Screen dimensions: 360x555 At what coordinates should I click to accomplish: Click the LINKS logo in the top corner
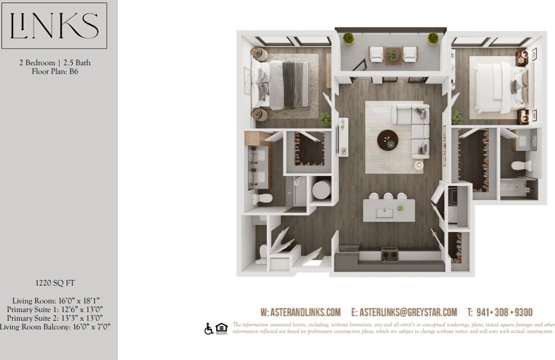tap(54, 25)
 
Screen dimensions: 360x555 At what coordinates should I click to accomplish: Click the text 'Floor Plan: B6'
tap(54, 71)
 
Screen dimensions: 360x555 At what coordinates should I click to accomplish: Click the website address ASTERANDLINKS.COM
tap(300, 312)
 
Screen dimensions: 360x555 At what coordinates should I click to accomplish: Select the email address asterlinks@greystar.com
tap(403, 312)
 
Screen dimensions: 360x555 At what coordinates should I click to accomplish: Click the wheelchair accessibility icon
tap(208, 329)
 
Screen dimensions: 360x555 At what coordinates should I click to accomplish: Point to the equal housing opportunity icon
tap(221, 329)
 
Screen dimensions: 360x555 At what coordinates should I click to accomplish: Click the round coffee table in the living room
tap(388, 140)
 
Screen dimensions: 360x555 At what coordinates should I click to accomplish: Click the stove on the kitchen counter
tap(390, 253)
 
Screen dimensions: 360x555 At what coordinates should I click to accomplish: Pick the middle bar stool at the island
tap(388, 196)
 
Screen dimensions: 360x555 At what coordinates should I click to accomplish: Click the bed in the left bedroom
tap(283, 85)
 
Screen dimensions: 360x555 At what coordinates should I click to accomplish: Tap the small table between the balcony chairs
tap(393, 55)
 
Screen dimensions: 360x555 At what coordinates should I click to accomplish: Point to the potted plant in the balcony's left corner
tap(349, 38)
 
